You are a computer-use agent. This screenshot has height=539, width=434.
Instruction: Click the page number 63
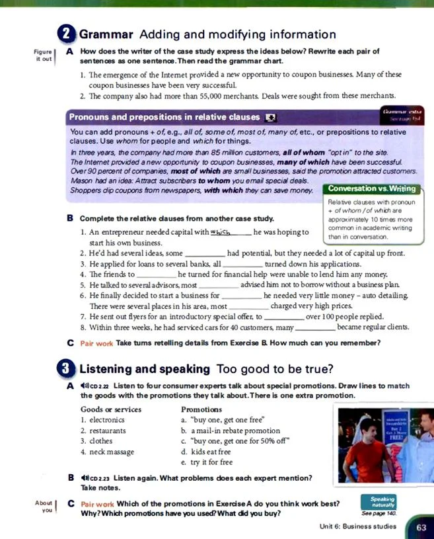pyautogui.click(x=421, y=526)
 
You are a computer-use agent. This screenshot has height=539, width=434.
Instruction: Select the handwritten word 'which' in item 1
pyautogui.click(x=221, y=231)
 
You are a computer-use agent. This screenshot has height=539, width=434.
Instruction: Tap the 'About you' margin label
pyautogui.click(x=44, y=507)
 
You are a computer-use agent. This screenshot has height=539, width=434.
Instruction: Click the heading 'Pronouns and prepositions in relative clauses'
pyautogui.click(x=165, y=117)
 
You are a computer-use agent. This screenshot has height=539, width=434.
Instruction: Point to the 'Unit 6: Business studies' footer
pyautogui.click(x=357, y=526)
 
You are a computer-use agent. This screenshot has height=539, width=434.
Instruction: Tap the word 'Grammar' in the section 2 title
pyautogui.click(x=107, y=34)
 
